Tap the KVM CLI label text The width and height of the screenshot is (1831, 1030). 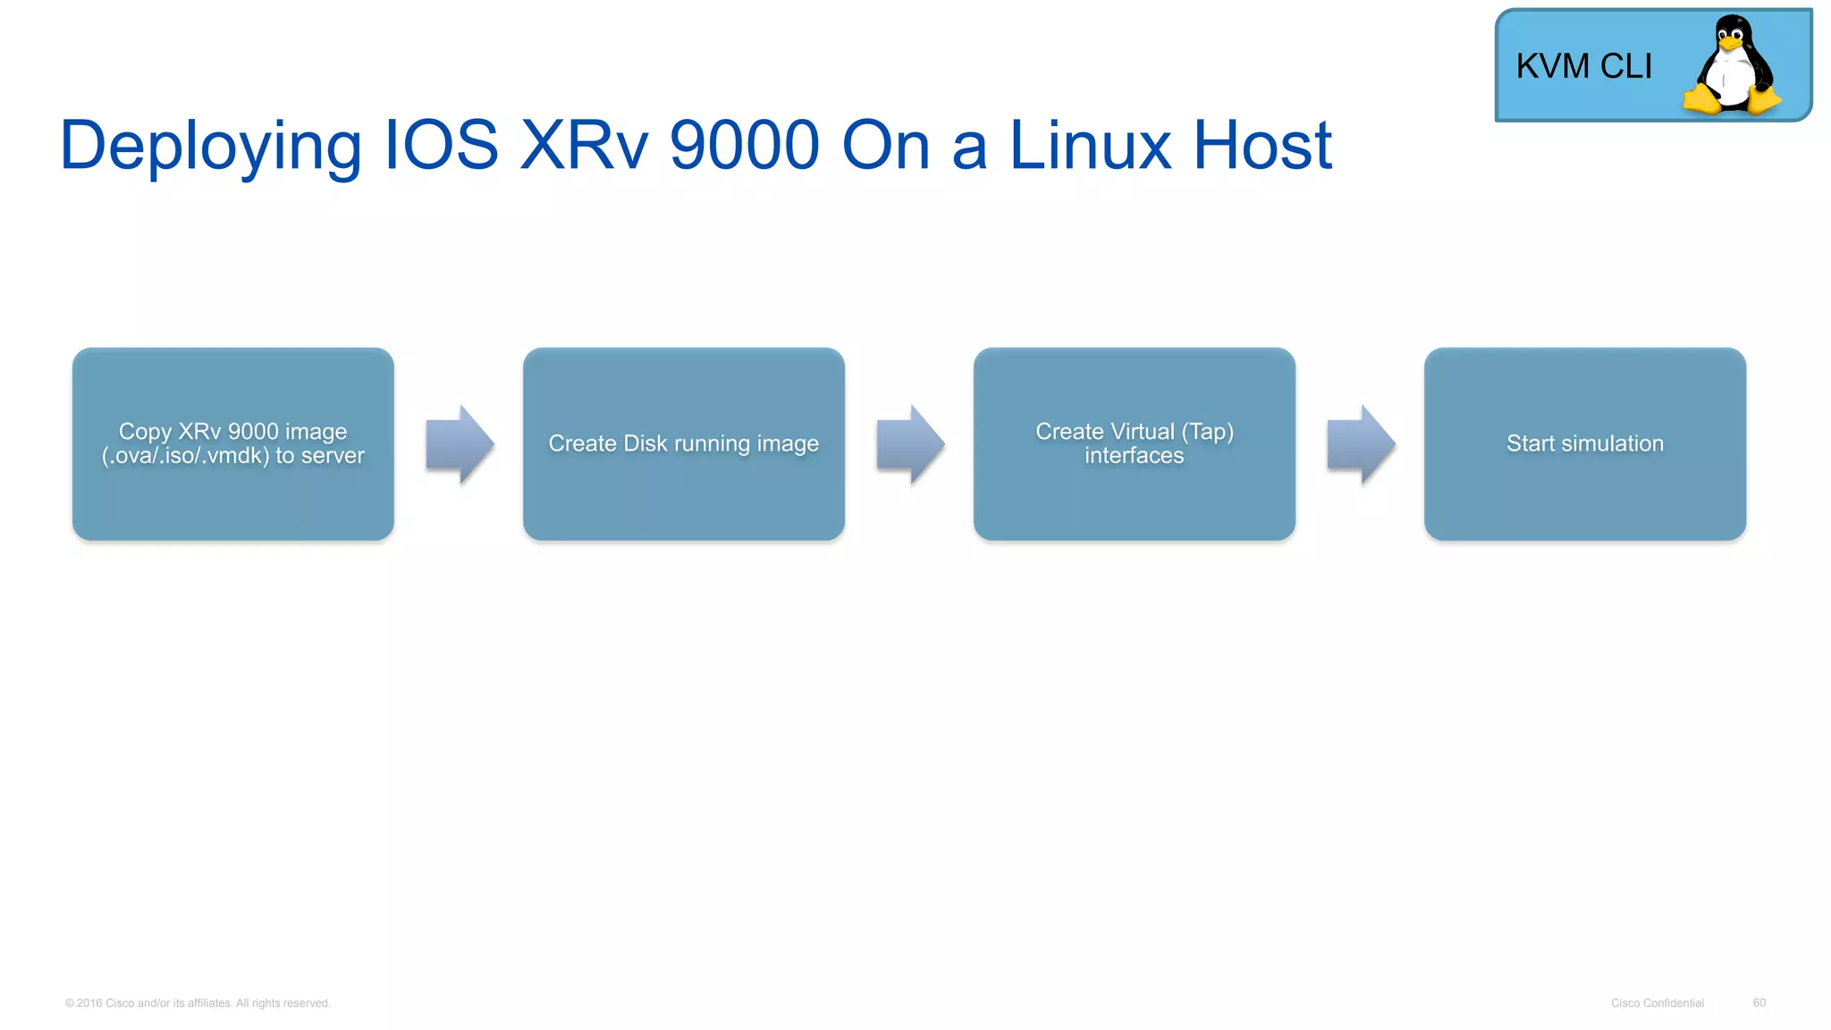tap(1583, 66)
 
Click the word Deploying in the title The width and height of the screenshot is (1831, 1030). tap(210, 146)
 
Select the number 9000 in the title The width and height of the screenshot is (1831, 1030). tap(744, 145)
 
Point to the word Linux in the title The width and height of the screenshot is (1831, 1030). tap(1089, 145)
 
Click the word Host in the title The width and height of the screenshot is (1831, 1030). tap(1262, 145)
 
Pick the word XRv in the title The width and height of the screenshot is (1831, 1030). tap(583, 145)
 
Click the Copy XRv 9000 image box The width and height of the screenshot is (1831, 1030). tap(233, 443)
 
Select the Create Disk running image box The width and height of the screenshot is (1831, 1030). tap(684, 443)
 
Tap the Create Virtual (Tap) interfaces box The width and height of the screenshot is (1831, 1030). tap(1135, 443)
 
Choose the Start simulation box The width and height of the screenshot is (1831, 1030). tap(1585, 443)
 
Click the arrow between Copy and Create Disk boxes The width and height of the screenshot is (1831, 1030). tap(460, 444)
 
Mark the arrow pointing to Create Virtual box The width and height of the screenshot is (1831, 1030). tap(910, 444)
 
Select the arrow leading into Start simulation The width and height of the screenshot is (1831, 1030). tap(1361, 444)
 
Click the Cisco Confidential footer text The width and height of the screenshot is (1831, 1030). tap(1657, 1003)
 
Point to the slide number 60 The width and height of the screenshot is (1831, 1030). tap(1759, 1003)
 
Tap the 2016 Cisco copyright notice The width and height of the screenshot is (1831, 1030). tap(198, 1003)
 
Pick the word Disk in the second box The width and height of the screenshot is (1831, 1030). tap(645, 443)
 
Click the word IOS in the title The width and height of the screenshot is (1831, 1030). tap(440, 145)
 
